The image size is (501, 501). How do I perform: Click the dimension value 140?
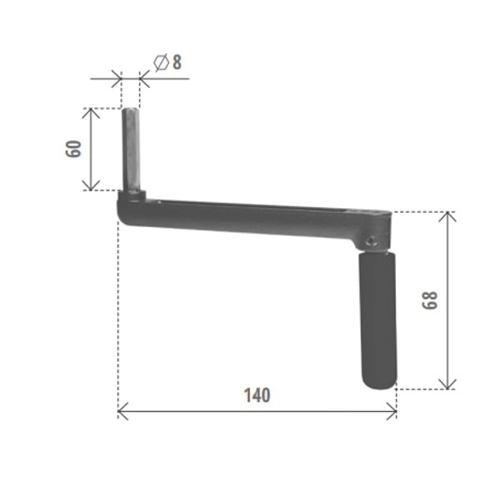(257, 395)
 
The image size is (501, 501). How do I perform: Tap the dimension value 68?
(430, 300)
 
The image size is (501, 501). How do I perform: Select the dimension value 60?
(73, 149)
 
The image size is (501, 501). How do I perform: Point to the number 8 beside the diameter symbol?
(177, 63)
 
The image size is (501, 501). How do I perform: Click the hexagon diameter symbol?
(161, 63)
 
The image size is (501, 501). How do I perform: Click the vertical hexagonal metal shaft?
(131, 150)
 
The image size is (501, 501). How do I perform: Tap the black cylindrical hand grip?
(378, 321)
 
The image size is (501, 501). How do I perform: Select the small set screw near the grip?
(371, 241)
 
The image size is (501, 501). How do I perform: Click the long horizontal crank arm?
(254, 220)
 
